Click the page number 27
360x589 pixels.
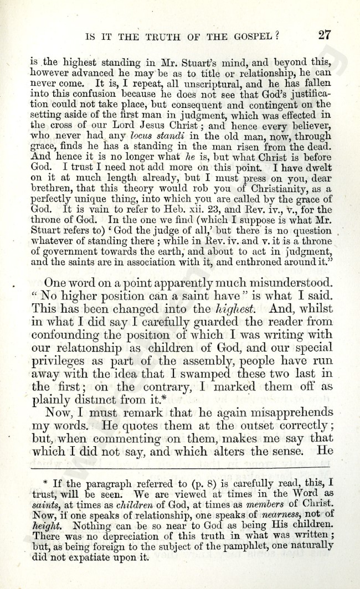pos(325,35)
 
